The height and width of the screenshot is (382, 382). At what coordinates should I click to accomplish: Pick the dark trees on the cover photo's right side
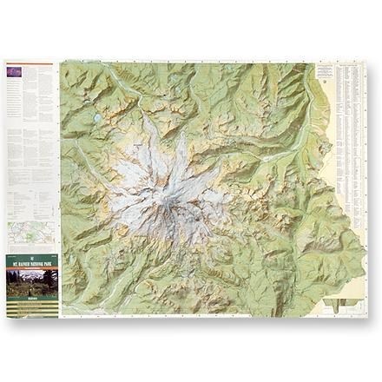[x=51, y=280]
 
